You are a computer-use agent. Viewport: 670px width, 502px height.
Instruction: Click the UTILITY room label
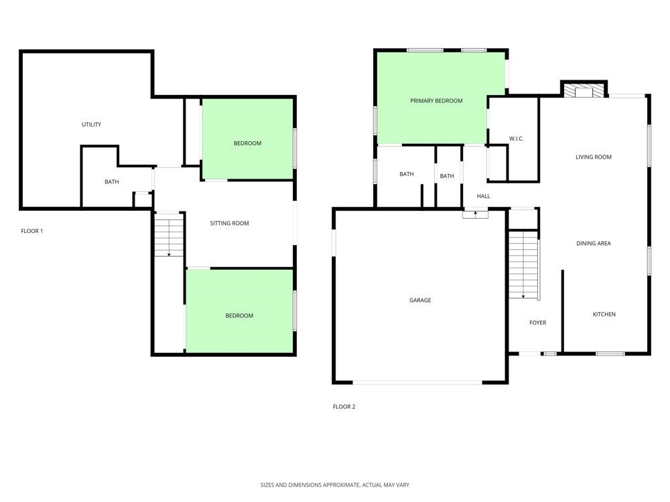(x=91, y=124)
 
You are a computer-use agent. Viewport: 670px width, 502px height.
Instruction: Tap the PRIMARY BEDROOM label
(x=436, y=101)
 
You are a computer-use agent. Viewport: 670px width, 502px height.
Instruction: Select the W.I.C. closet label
(x=516, y=139)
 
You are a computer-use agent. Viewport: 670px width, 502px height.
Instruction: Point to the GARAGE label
(x=420, y=301)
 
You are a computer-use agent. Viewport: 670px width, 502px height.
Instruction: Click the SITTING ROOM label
(x=230, y=224)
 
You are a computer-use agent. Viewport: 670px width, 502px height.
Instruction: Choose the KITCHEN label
(x=604, y=315)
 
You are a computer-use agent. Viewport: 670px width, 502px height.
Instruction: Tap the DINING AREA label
(x=594, y=244)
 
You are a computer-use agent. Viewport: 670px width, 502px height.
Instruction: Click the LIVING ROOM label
(x=594, y=157)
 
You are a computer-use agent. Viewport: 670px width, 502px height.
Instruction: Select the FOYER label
(x=537, y=323)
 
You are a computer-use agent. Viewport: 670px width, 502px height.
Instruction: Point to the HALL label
(x=483, y=197)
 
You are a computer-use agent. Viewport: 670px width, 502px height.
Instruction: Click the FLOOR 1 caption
(x=32, y=231)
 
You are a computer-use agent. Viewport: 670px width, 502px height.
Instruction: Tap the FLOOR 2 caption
(x=344, y=407)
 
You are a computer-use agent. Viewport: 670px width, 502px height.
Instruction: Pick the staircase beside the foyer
(x=523, y=264)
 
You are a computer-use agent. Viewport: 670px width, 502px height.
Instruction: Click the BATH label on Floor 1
(x=112, y=181)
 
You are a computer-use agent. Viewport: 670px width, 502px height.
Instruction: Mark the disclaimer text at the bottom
(x=335, y=485)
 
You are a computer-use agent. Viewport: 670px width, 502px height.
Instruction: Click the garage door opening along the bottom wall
(x=417, y=382)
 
